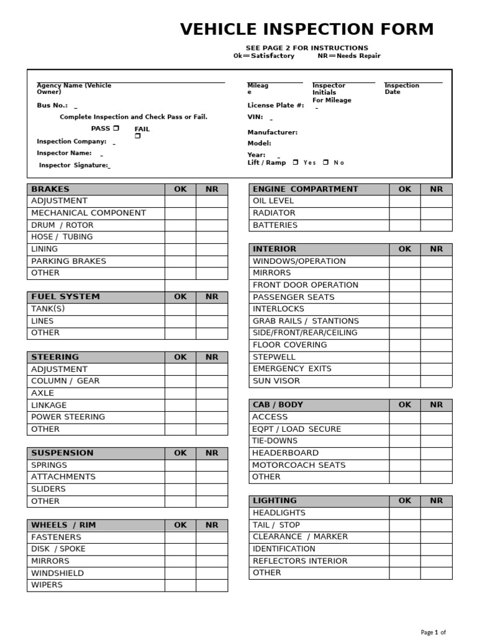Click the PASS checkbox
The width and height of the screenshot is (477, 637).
116,128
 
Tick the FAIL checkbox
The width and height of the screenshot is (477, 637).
138,136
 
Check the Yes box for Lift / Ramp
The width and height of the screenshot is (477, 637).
296,162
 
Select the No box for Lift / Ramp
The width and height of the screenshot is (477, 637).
325,162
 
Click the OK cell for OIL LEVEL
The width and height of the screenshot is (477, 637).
405,201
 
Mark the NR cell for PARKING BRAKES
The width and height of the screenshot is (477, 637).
212,261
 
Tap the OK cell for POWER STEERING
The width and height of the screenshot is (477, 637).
181,417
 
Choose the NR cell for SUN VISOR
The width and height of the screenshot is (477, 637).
437,381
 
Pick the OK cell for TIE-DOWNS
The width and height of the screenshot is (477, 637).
405,440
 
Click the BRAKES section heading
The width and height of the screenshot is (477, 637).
50,189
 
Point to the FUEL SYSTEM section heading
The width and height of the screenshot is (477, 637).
65,297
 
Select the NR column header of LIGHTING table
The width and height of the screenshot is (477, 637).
437,501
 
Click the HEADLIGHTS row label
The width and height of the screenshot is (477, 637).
279,513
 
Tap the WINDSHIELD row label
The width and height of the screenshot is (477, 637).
57,573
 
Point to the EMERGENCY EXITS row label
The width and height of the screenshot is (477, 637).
292,369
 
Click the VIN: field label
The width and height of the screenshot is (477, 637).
255,116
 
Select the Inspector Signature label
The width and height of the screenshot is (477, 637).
73,165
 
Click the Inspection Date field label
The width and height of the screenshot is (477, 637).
401,88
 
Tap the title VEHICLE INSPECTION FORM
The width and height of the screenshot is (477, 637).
307,29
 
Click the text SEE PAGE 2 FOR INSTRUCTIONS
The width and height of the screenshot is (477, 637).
307,48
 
